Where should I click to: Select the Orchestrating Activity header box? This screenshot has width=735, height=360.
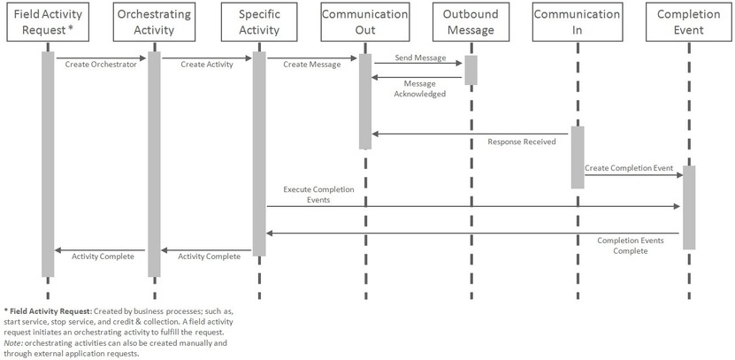pos(154,22)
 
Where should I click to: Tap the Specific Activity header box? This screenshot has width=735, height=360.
pos(259,22)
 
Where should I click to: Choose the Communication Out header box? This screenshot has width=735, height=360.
pos(364,22)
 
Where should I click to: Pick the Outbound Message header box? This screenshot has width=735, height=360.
pos(471,22)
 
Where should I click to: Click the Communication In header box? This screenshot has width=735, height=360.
pos(577,22)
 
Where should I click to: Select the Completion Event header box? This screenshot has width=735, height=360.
pos(688,22)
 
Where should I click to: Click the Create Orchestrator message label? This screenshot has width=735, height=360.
pos(101,65)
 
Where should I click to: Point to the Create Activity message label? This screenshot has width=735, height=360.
pos(207,65)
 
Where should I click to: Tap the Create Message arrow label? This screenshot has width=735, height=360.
pos(311,65)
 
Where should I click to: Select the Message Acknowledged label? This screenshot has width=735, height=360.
pos(418,88)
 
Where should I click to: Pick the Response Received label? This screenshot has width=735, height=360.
pos(522,142)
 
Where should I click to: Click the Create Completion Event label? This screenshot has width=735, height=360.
pos(629,167)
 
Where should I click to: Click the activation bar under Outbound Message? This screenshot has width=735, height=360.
pos(471,70)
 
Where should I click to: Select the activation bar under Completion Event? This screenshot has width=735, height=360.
pos(688,207)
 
